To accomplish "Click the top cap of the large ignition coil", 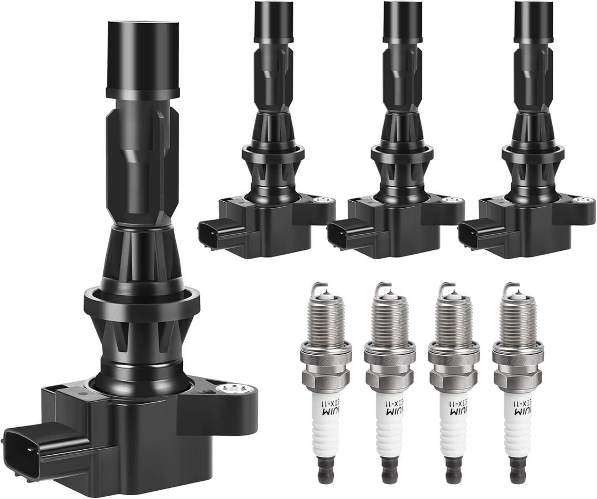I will coord(143,52).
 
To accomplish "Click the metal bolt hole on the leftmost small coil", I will coord(324,200).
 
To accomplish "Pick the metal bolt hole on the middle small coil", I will coord(453,200).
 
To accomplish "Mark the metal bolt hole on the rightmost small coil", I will coord(581,200).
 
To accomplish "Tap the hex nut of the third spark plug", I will coord(453,379).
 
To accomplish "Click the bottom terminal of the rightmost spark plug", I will coord(517,474).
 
